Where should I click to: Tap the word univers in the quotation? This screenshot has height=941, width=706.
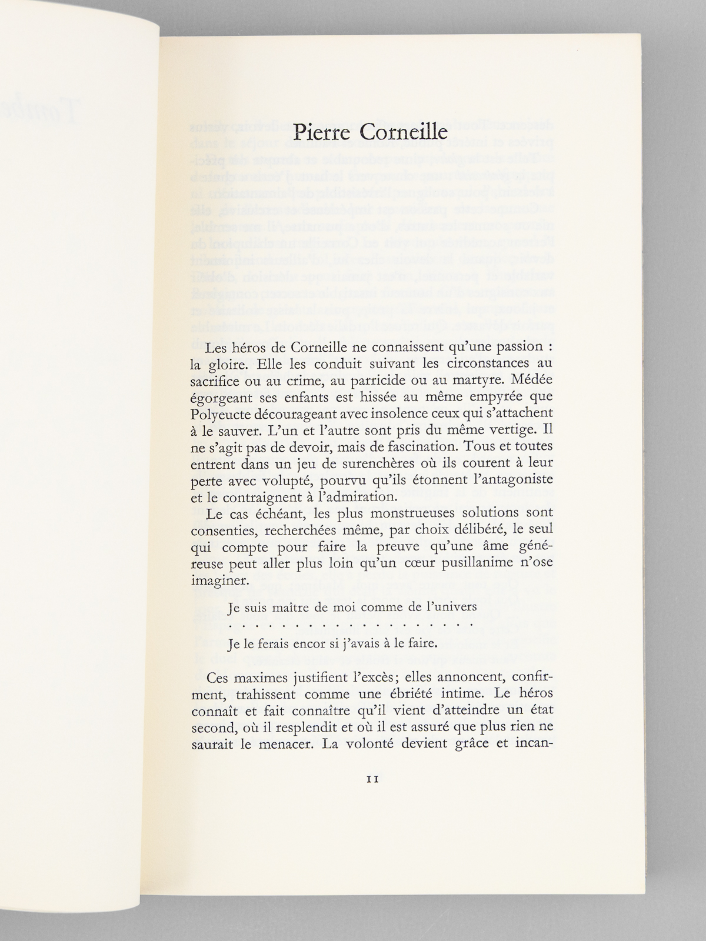tap(454, 608)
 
